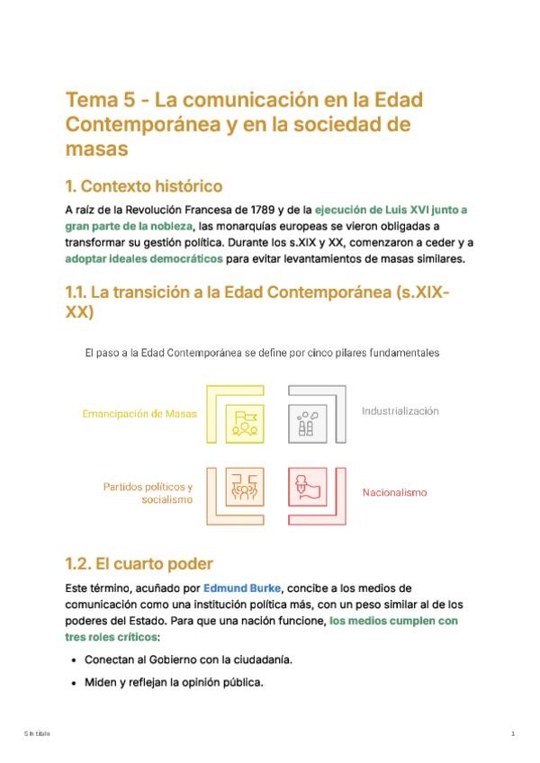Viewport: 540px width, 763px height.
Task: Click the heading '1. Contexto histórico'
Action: point(143,187)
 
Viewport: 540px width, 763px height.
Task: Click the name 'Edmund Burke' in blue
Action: point(238,588)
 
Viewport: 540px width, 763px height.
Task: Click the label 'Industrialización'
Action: point(400,410)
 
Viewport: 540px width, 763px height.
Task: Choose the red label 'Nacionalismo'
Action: point(394,492)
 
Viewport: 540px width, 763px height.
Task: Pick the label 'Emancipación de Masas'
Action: point(139,414)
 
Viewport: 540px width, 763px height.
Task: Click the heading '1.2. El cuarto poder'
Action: point(139,564)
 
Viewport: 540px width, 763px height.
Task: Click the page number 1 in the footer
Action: point(512,734)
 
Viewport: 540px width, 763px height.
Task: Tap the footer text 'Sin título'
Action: point(37,734)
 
